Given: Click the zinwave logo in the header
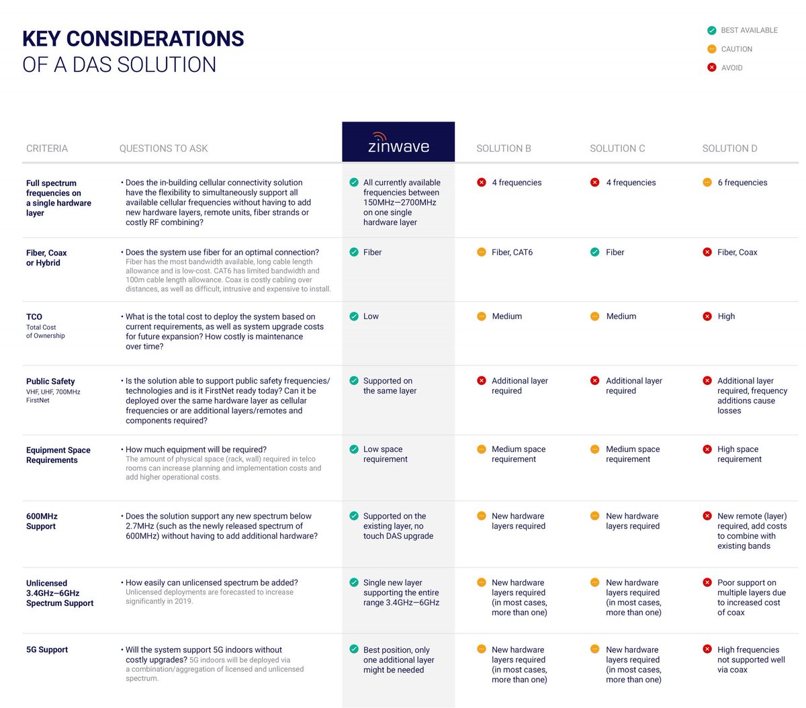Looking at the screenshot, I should click(x=398, y=142).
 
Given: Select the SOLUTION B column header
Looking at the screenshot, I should click(x=503, y=148).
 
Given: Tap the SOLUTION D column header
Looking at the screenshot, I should click(x=729, y=148).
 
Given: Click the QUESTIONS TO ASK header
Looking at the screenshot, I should click(x=163, y=148).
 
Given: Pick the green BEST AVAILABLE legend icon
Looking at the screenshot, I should click(x=711, y=30).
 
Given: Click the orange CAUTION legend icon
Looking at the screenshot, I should click(x=711, y=49).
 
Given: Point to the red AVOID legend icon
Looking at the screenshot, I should click(x=711, y=67).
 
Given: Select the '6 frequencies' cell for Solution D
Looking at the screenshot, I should click(x=742, y=183).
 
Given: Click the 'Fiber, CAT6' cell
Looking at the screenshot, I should click(x=512, y=253).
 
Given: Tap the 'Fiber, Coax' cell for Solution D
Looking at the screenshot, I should click(x=737, y=253).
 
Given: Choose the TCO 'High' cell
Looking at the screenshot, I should click(x=725, y=316).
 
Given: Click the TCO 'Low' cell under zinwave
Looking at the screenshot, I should click(x=371, y=316).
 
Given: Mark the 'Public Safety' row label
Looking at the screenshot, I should click(x=50, y=382).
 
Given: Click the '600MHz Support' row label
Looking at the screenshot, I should click(x=42, y=521).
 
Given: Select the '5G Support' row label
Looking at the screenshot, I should click(x=47, y=650).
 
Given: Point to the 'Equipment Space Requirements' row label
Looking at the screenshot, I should click(x=58, y=455).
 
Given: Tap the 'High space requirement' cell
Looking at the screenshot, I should click(x=739, y=454).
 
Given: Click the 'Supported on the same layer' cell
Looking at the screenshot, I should click(x=390, y=386).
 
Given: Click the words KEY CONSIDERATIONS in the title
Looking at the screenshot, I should click(x=133, y=39).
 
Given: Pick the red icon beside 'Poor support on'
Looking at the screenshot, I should click(x=707, y=583).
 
